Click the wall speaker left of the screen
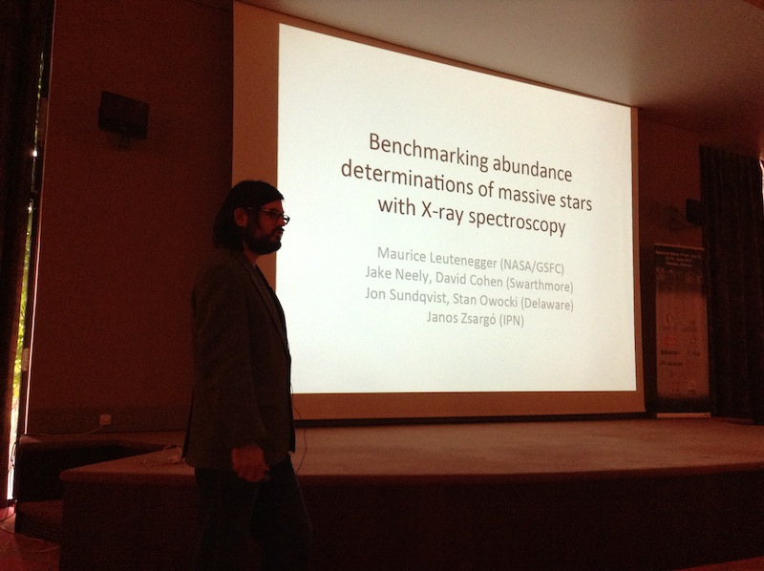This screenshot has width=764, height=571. click(x=123, y=116)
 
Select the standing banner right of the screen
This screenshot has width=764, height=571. click(x=680, y=329)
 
